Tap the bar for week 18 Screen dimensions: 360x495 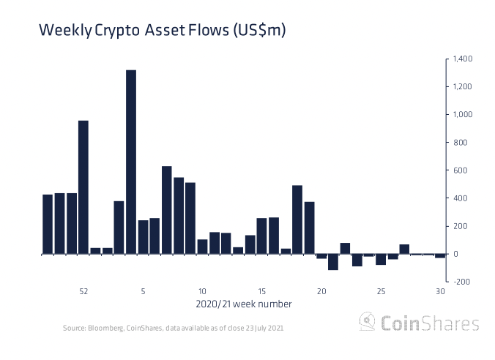coord(297,220)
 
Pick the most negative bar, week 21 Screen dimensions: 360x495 coord(333,262)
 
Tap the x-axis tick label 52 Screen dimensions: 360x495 coord(83,291)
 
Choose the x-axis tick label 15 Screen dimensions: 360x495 coord(261,291)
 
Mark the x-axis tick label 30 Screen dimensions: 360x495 coord(440,291)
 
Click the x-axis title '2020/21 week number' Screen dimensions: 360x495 coord(244,304)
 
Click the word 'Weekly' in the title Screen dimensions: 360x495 coord(65,31)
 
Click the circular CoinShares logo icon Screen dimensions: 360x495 coord(367,322)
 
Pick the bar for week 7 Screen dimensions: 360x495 coord(167,210)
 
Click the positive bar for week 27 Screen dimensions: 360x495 coord(404,249)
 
